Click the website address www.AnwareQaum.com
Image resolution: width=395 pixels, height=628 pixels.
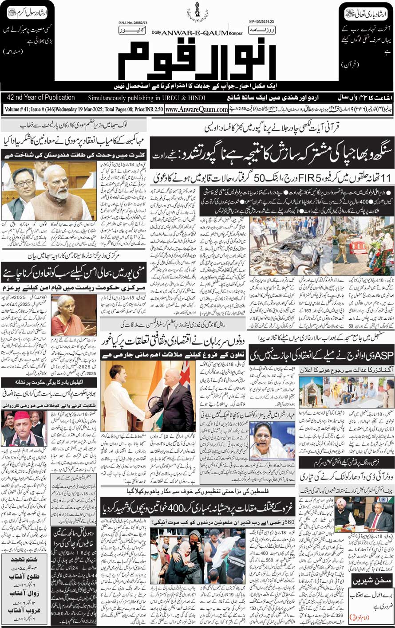(x=196, y=109)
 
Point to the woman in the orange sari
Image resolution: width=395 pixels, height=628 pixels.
(x=71, y=313)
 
